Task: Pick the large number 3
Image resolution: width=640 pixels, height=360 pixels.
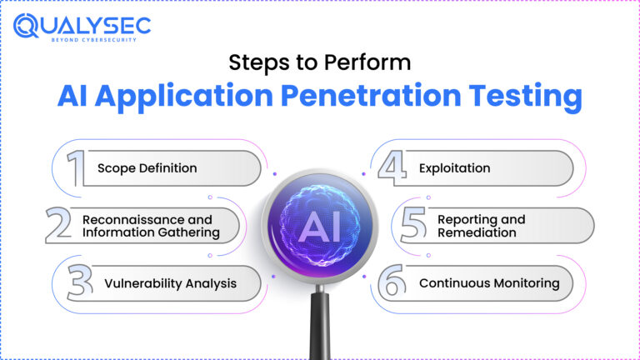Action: coord(81,282)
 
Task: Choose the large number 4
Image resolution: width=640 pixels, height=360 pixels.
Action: coord(392,167)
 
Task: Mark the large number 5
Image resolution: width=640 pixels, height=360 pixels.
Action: coord(413,225)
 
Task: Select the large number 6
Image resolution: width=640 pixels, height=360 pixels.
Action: coord(392,282)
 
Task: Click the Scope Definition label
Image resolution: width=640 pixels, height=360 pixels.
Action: coord(147,168)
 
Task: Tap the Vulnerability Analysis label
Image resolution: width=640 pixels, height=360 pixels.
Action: coord(170,283)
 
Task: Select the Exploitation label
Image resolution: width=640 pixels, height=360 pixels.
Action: coord(454,168)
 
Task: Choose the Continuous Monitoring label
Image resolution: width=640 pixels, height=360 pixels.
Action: coord(489,283)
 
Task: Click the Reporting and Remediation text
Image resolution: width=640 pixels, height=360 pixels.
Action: coord(482,226)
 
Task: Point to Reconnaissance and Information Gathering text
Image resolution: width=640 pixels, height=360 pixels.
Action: coord(151,226)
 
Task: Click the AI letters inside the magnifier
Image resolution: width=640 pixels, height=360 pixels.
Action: coord(321,226)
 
